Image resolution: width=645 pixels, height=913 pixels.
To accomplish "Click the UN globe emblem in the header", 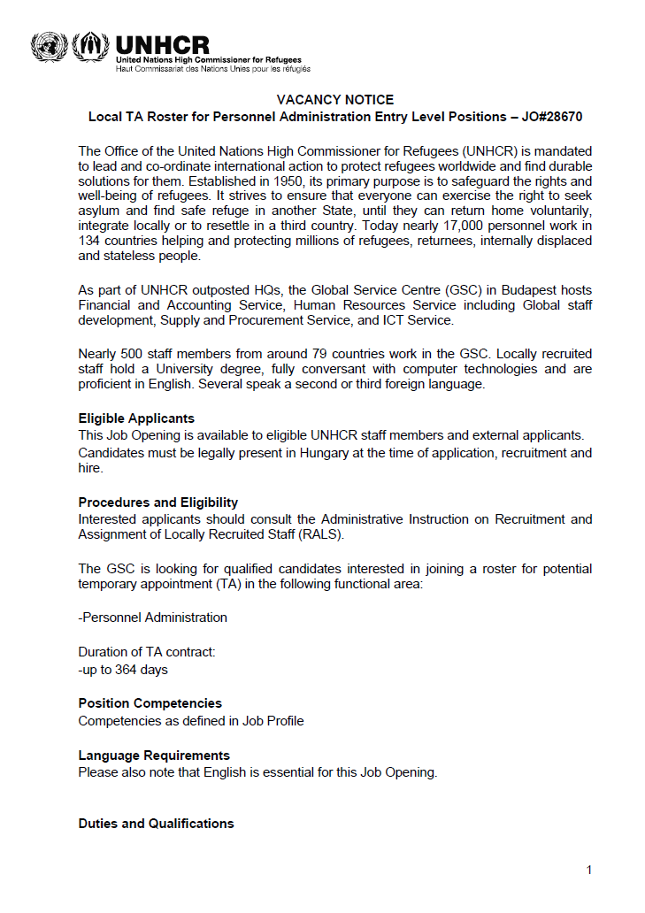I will pos(47,47).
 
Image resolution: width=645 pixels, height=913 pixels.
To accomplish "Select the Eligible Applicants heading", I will pos(136,418).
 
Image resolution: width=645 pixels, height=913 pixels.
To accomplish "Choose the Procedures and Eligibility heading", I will pos(158,503).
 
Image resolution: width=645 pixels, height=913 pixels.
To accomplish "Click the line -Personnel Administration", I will pos(152,618).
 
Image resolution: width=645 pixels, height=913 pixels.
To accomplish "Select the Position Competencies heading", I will pos(150,703).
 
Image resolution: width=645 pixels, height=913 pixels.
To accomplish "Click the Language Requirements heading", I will pos(154,756).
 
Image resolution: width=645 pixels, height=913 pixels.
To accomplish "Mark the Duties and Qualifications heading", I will pos(156,824).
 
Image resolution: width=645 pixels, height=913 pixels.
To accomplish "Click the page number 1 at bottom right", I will pos(589,871).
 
